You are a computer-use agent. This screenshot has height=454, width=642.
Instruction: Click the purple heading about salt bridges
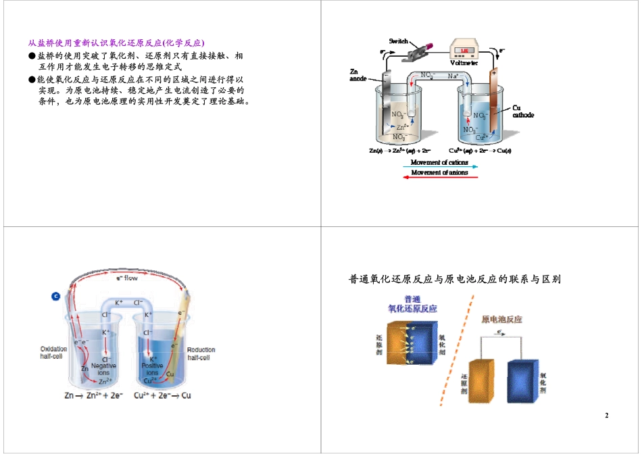pyautogui.click(x=116, y=43)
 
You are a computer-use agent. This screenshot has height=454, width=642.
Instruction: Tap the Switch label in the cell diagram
pyautogui.click(x=398, y=39)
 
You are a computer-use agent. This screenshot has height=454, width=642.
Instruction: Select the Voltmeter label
pyautogui.click(x=464, y=63)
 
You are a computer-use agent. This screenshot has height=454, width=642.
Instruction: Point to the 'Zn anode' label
pyautogui.click(x=358, y=75)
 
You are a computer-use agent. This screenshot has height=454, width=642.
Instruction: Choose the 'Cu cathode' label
pyautogui.click(x=522, y=111)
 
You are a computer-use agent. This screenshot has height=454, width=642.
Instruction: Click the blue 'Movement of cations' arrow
pyautogui.click(x=439, y=166)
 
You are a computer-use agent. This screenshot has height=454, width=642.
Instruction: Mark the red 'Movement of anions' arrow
pyautogui.click(x=439, y=177)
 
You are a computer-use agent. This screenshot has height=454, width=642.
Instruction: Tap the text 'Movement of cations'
pyautogui.click(x=439, y=162)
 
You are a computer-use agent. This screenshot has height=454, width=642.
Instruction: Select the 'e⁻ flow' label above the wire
pyautogui.click(x=126, y=278)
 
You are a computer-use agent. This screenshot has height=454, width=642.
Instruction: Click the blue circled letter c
pyautogui.click(x=55, y=295)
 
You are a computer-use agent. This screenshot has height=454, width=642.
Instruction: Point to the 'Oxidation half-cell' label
pyautogui.click(x=53, y=353)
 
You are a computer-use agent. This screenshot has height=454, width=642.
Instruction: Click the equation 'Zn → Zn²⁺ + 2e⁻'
pyautogui.click(x=93, y=395)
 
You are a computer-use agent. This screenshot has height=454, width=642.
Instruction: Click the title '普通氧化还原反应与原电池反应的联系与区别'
pyautogui.click(x=455, y=279)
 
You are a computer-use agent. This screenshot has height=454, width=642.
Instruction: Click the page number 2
pyautogui.click(x=606, y=415)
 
